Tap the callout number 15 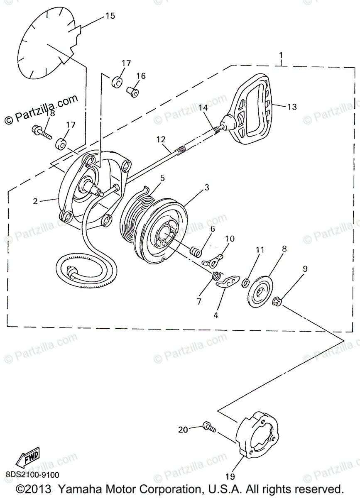[110, 16]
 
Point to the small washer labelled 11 [245, 283]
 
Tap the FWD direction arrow [27, 458]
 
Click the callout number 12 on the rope [161, 139]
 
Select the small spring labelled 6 [195, 251]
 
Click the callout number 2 [36, 201]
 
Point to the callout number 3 [206, 188]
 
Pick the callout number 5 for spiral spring [162, 178]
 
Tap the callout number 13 [292, 107]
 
